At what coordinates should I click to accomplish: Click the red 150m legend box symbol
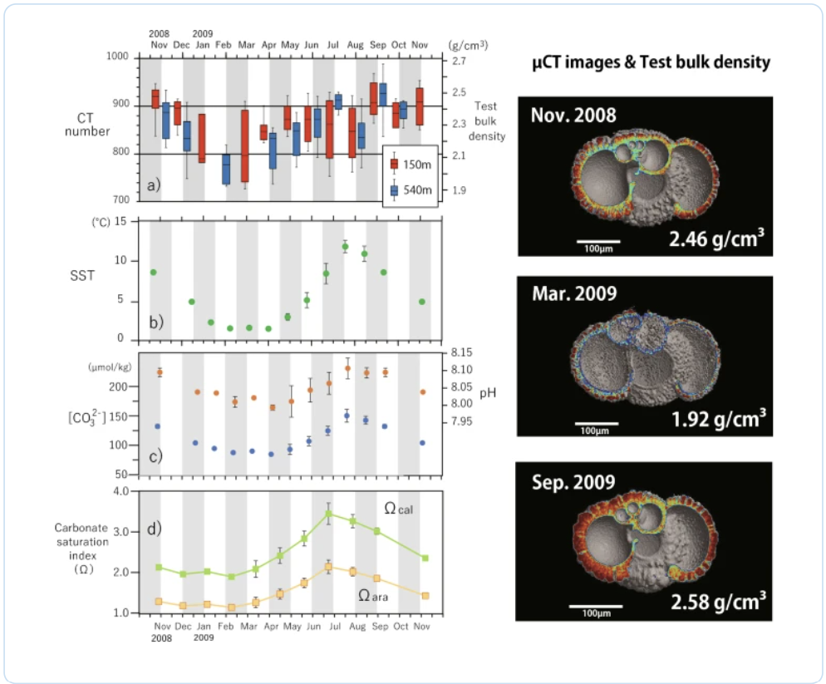(394, 165)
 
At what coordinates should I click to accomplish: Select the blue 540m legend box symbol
(394, 189)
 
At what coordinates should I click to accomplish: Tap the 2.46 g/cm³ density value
(716, 239)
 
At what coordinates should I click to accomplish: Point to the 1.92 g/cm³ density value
(719, 419)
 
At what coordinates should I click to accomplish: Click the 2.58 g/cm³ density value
(718, 601)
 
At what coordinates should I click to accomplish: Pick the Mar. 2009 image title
(574, 293)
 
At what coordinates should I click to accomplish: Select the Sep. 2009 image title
(573, 482)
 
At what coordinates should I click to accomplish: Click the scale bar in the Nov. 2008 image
(598, 242)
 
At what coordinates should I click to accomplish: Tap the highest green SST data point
(345, 247)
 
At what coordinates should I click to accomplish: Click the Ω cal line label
(398, 509)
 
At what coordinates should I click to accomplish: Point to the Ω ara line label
(373, 596)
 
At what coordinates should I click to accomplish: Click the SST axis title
(82, 276)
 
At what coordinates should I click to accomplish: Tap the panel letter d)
(154, 529)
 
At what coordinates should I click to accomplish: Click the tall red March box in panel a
(245, 145)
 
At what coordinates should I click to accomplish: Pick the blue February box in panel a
(226, 170)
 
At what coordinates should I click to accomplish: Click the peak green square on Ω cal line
(328, 514)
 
